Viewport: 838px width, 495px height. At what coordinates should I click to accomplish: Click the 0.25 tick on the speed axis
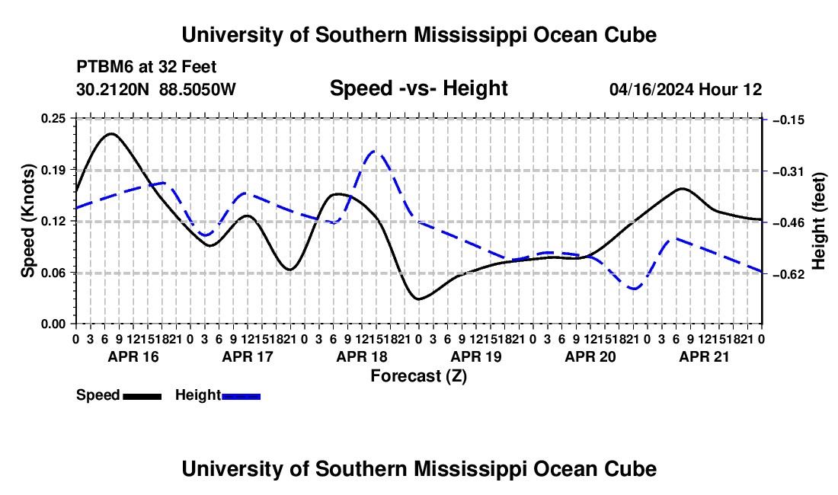(x=53, y=119)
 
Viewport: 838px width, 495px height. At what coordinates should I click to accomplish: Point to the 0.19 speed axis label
(x=53, y=170)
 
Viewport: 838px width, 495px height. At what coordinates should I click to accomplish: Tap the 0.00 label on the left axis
(x=53, y=324)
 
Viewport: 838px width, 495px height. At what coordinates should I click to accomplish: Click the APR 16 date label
(x=133, y=356)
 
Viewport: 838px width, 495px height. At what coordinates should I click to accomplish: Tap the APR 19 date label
(x=476, y=356)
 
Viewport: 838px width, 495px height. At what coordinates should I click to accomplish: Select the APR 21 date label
(x=704, y=356)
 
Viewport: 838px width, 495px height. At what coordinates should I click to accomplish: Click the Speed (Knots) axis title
(x=27, y=221)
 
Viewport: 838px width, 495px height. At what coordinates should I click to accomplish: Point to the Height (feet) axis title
(x=818, y=221)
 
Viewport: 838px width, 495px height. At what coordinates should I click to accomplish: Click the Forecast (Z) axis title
(x=418, y=376)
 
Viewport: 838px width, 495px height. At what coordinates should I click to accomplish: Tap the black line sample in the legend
(x=142, y=396)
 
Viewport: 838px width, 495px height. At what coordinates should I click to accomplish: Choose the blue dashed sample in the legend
(x=241, y=396)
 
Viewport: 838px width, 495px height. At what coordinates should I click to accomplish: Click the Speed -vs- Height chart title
(x=418, y=88)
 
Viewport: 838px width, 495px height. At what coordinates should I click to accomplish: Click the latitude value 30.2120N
(x=113, y=89)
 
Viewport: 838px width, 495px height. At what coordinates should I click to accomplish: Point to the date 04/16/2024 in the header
(x=651, y=89)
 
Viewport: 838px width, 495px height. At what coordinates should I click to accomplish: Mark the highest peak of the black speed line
(x=110, y=133)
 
